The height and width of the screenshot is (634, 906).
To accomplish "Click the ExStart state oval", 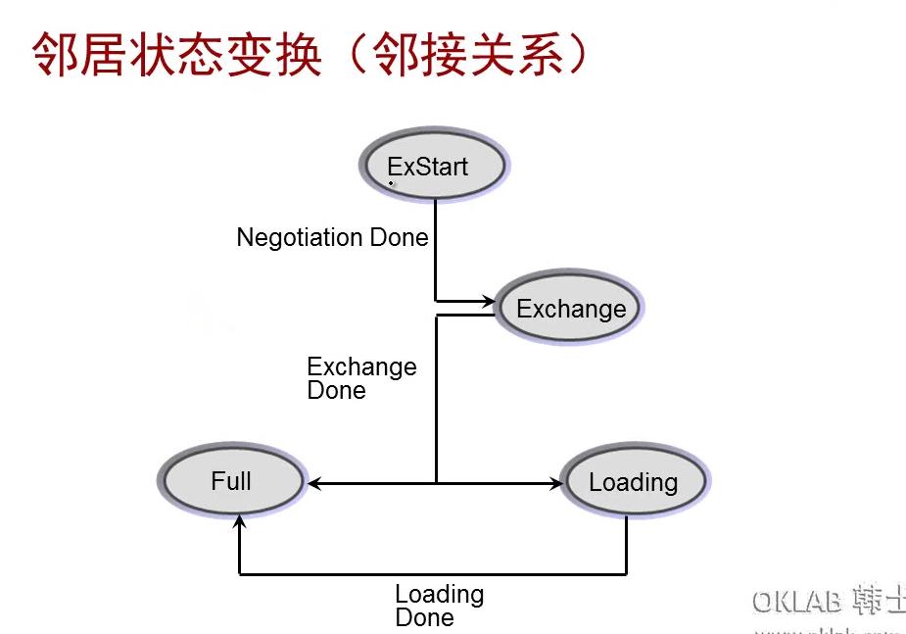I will (433, 167).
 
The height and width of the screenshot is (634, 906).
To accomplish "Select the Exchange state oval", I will (570, 309).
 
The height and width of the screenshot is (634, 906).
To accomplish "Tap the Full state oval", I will (232, 481).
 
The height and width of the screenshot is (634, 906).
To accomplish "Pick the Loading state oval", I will (634, 482).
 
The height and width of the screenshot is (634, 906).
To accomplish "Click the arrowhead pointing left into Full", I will (313, 483).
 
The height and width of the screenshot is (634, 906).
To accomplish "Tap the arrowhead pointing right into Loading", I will (558, 483).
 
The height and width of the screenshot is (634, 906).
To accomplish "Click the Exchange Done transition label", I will (361, 378).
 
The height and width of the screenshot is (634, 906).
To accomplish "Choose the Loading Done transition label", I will (439, 606).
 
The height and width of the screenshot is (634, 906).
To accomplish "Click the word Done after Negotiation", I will (399, 237).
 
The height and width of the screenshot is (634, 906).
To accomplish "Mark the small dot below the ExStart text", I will (391, 183).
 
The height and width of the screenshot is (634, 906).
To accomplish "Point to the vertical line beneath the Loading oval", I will (626, 544).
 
